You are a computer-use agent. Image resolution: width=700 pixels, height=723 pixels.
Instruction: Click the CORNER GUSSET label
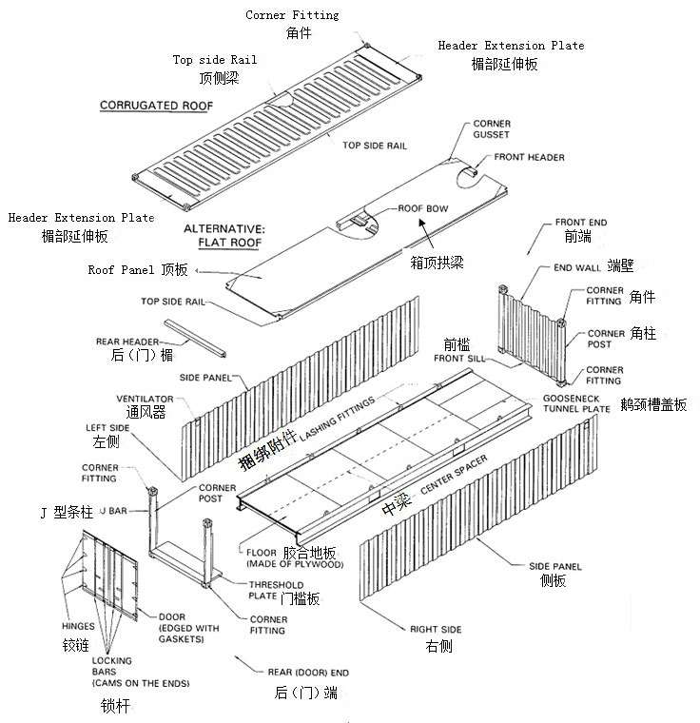point(491,130)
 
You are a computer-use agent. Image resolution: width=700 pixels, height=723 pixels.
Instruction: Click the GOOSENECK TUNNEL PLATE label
point(576,402)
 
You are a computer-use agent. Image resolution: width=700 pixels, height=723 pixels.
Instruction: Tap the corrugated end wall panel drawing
point(533,328)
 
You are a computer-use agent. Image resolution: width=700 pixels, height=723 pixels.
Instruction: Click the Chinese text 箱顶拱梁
point(437,262)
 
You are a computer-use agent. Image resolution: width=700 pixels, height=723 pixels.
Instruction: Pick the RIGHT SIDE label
point(437,629)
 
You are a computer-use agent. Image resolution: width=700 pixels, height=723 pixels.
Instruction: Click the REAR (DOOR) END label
point(303,672)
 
